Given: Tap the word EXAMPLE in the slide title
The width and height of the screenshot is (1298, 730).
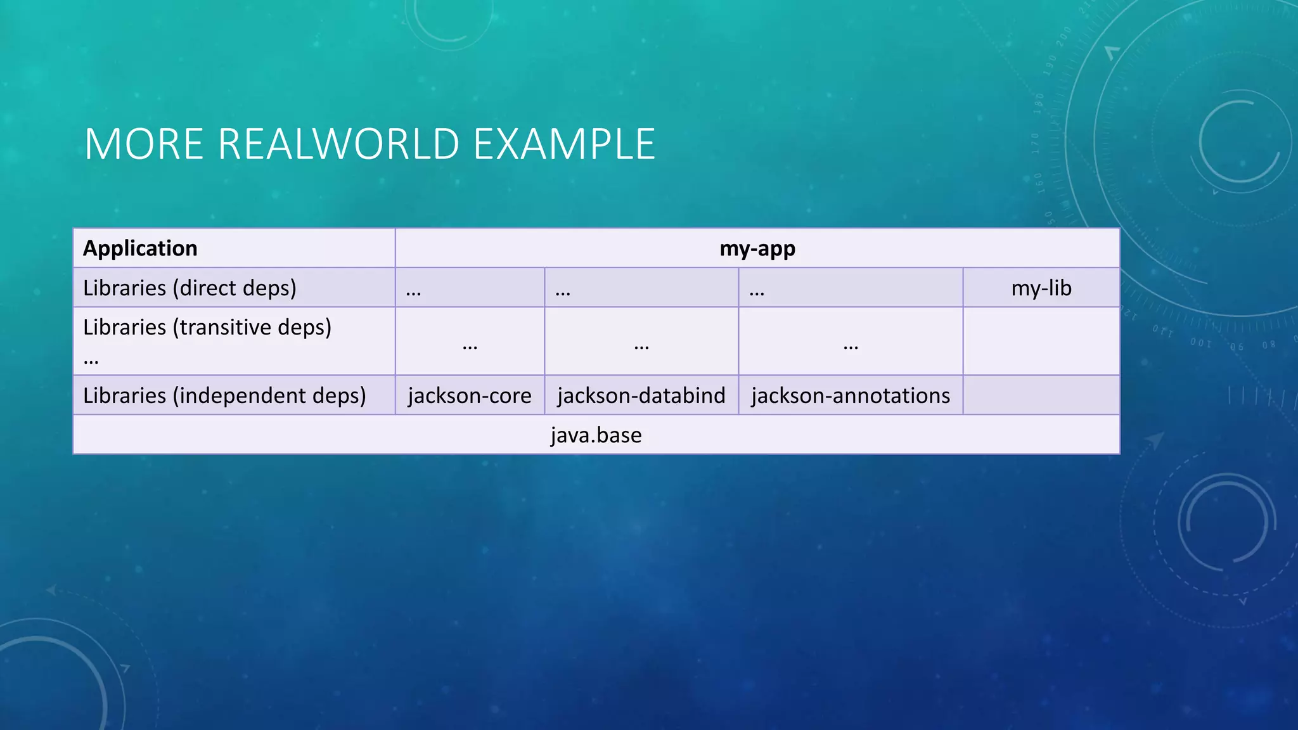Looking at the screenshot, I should click(564, 144).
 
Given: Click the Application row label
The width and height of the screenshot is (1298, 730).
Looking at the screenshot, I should click(140, 248).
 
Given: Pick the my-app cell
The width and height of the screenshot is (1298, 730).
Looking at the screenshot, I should click(757, 248).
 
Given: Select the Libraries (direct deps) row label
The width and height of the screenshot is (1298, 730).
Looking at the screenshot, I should click(190, 288).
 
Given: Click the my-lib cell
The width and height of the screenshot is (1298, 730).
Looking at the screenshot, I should click(1041, 288).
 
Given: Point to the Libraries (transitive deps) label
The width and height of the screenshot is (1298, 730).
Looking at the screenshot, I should click(207, 328).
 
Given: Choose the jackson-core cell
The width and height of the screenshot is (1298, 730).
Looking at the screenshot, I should click(470, 395).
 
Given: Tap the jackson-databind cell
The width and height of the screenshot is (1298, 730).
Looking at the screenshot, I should click(641, 395).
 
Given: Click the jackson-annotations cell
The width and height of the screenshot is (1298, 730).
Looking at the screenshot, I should click(851, 395).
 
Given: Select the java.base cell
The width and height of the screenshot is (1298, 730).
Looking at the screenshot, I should click(596, 435).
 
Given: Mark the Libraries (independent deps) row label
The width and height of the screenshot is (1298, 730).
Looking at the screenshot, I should click(224, 395).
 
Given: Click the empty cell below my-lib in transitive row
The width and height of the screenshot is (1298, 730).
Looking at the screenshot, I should click(1041, 342).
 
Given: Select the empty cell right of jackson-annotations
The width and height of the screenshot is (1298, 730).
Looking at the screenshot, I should click(1041, 395).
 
